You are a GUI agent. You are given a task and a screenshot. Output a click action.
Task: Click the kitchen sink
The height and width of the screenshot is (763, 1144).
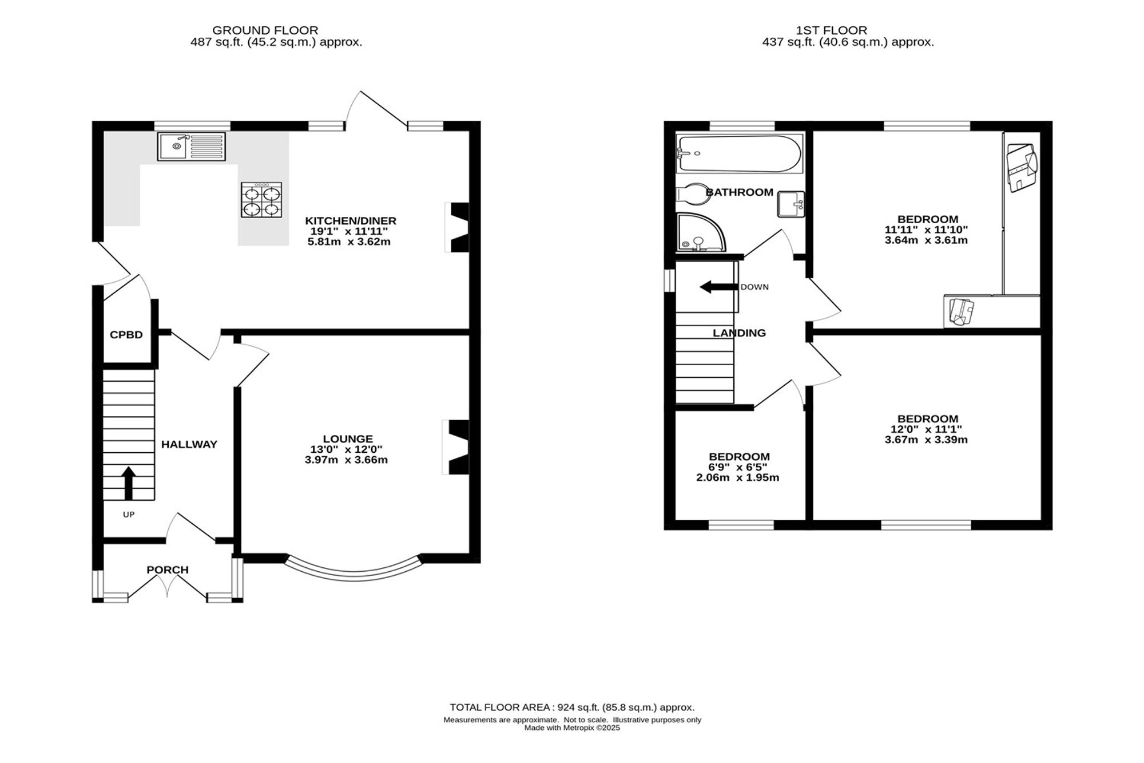192,147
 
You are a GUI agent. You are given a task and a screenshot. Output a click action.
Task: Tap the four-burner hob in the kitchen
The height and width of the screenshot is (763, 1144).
261,200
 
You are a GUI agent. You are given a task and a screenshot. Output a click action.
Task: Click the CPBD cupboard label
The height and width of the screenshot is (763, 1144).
126,335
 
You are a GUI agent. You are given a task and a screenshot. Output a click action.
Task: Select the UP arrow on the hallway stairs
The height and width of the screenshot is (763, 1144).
129,483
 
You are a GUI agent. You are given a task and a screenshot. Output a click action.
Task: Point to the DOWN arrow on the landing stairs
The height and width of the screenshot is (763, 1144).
718,287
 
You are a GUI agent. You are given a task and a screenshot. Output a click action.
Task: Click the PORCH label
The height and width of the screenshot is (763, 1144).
168,570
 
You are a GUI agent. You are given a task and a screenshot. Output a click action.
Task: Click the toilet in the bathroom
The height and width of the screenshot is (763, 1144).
693,194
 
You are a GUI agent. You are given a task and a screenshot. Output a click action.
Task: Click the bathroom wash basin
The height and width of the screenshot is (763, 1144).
791,204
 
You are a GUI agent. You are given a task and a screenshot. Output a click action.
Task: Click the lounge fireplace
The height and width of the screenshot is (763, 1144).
456,447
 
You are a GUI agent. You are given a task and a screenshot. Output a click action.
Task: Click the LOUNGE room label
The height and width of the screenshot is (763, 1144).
348,439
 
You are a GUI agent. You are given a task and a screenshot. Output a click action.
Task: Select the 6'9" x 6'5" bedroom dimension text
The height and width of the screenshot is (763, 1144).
739,467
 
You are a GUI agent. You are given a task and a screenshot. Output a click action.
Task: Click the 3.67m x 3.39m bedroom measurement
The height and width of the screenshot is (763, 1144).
926,440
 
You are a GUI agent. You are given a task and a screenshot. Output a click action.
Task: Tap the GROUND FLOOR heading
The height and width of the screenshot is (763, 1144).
265,30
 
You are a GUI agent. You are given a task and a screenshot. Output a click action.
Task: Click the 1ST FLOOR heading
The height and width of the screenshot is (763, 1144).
831,30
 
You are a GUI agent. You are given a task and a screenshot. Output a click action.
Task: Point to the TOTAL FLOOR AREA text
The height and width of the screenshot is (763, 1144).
572,707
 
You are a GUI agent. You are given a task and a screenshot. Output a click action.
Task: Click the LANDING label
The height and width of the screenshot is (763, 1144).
739,333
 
